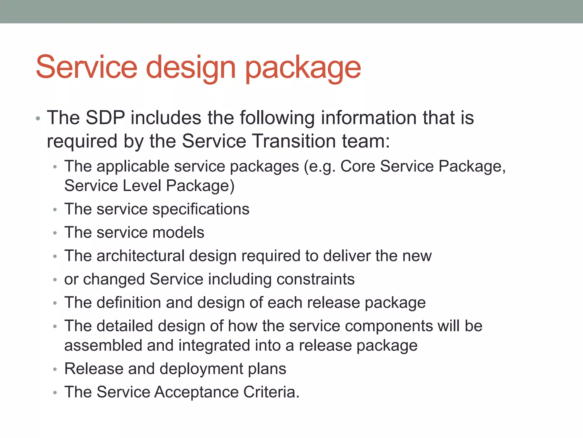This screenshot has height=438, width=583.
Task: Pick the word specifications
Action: [x=201, y=209]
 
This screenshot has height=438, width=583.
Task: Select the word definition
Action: [x=129, y=303]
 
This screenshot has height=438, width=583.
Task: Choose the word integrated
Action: [x=214, y=346]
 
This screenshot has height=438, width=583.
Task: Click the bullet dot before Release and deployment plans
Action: [x=55, y=370]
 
